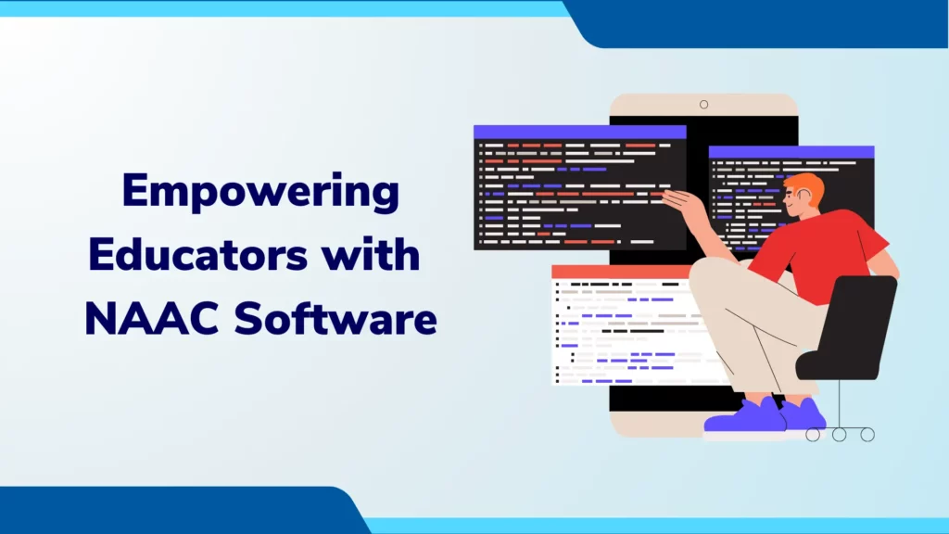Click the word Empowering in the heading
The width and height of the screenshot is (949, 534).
click(260, 193)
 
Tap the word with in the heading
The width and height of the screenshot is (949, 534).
click(371, 254)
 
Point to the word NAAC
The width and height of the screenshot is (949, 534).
click(151, 319)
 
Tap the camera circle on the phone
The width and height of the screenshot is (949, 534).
click(704, 105)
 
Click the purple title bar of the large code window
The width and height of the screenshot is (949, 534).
click(580, 132)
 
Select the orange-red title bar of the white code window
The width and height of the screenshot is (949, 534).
click(621, 272)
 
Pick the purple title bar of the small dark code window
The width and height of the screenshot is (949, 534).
click(791, 152)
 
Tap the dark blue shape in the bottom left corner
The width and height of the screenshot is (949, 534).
click(175, 510)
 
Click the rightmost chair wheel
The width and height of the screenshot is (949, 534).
click(867, 434)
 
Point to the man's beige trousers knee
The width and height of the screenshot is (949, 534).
click(708, 275)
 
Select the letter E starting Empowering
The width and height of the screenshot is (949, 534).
click(135, 190)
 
